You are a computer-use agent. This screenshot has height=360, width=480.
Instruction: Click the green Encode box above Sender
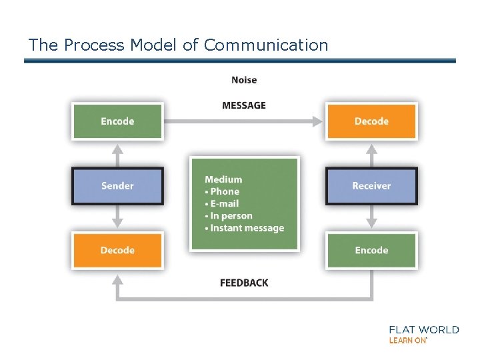(x=117, y=121)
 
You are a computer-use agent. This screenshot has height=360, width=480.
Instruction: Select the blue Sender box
(x=117, y=186)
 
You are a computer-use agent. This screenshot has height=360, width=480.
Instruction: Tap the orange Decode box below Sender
(x=117, y=251)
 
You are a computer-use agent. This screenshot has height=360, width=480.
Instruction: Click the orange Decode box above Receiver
(x=371, y=121)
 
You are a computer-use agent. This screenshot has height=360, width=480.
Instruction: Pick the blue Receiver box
(x=371, y=186)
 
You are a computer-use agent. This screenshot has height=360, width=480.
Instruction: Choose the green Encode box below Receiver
(x=371, y=251)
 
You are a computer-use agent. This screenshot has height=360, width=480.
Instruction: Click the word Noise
(x=244, y=80)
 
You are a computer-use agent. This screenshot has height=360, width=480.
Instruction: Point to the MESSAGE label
(x=244, y=105)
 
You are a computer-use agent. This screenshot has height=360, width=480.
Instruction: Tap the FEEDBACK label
(x=244, y=283)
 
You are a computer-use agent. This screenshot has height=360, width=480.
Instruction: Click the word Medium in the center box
(x=223, y=179)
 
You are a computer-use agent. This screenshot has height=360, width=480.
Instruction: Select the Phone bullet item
(x=224, y=191)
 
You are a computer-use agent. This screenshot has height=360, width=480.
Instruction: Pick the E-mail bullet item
(x=224, y=203)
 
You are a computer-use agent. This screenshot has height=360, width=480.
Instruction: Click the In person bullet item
(x=231, y=216)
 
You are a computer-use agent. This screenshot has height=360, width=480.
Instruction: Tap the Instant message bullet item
(x=247, y=228)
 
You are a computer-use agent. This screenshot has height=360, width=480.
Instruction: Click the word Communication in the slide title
(x=266, y=45)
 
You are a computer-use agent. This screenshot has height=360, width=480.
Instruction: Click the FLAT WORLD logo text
(x=423, y=329)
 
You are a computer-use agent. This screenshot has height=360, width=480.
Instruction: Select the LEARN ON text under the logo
(x=407, y=340)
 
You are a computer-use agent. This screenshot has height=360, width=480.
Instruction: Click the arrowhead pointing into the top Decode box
(x=317, y=121)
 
